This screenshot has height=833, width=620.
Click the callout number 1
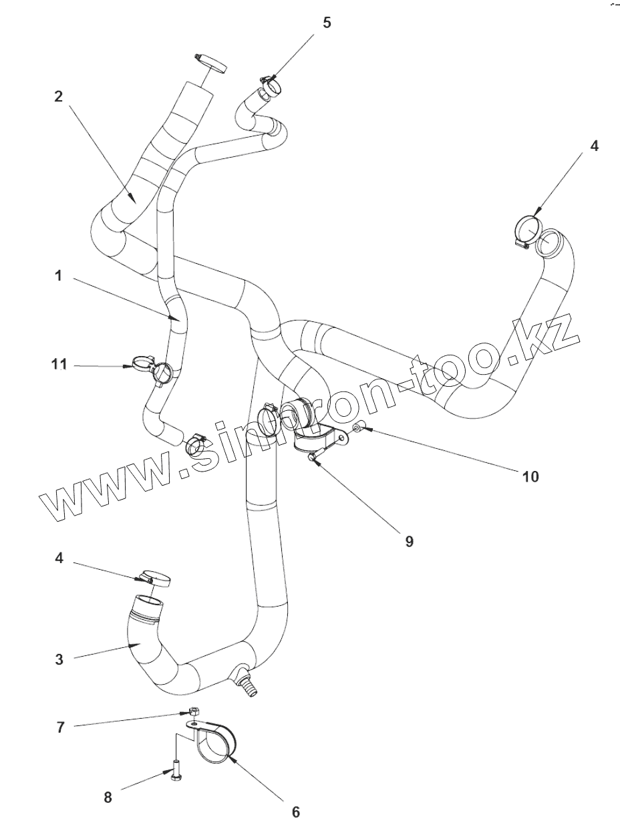point(59,275)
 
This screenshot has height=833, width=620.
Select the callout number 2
point(59,96)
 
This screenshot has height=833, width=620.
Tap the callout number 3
point(59,659)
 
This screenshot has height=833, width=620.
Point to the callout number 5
point(327,23)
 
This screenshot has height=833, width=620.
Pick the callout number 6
point(295,812)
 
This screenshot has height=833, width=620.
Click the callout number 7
point(60,727)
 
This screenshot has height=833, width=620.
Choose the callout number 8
point(108,797)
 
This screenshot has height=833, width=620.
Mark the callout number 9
point(409,541)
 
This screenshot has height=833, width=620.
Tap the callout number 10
point(530,476)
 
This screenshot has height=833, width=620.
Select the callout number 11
point(59,364)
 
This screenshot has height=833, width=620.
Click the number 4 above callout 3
point(59,558)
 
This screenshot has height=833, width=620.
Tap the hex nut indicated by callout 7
point(194,713)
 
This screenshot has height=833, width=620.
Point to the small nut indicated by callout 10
point(359,426)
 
